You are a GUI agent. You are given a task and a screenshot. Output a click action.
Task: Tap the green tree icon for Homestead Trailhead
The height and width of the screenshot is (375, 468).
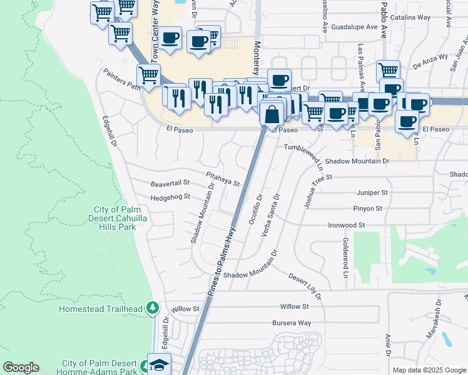coord(152,308)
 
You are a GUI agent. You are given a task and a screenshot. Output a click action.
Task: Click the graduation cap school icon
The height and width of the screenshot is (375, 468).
coord(159,364)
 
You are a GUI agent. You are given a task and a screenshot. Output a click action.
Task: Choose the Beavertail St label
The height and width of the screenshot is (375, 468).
coord(170,183)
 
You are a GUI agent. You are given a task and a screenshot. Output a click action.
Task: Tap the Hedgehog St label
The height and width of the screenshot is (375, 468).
coord(170,197)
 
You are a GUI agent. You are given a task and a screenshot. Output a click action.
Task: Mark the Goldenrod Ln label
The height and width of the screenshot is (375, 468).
coord(345,257)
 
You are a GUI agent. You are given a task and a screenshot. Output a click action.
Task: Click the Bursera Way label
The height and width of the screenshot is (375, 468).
coord(291,322)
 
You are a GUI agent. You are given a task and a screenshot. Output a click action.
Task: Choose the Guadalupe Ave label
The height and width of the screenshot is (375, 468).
coord(355,27)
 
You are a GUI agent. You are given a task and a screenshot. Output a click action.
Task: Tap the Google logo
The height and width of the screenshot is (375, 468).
coord(21,367)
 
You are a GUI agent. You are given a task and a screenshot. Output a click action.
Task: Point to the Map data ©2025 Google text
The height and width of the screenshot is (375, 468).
coord(429,370)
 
